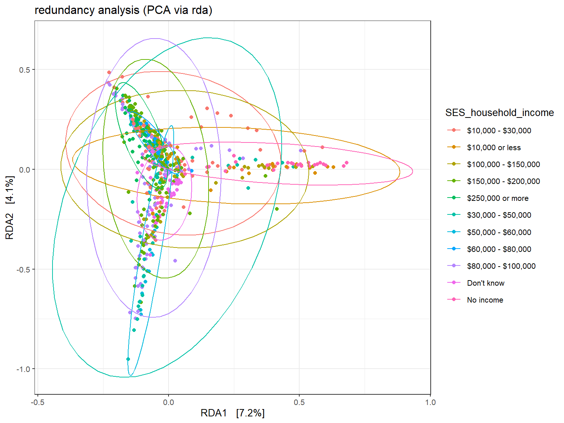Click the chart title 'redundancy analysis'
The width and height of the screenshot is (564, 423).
pyautogui.click(x=87, y=10)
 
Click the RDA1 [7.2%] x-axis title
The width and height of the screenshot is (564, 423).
pyautogui.click(x=232, y=413)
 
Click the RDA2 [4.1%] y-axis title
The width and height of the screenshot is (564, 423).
pyautogui.click(x=10, y=207)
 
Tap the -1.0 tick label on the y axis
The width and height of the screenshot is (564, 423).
pyautogui.click(x=23, y=369)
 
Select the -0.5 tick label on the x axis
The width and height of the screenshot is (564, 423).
pyautogui.click(x=37, y=402)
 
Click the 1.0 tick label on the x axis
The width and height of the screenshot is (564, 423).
pyautogui.click(x=430, y=402)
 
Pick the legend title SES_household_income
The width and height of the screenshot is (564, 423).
pyautogui.click(x=499, y=112)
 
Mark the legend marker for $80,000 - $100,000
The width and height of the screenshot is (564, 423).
pyautogui.click(x=454, y=265)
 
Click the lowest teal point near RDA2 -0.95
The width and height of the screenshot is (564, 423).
pyautogui.click(x=128, y=359)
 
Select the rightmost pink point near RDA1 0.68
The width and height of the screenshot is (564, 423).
pyautogui.click(x=346, y=163)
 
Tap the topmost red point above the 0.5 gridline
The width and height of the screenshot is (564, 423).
pyautogui.click(x=109, y=72)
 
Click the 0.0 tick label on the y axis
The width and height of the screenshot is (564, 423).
pyautogui.click(x=24, y=170)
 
